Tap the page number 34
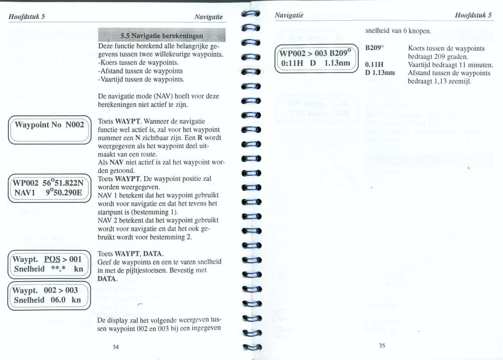click(x=116, y=346)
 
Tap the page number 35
click(x=382, y=345)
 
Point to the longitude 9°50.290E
click(x=64, y=193)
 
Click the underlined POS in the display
click(x=51, y=259)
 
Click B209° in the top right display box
click(x=341, y=53)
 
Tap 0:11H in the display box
click(x=294, y=63)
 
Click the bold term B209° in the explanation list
click(x=374, y=49)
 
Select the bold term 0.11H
click(x=374, y=65)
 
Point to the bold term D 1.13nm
click(x=380, y=73)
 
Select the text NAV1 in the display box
click(x=25, y=193)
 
